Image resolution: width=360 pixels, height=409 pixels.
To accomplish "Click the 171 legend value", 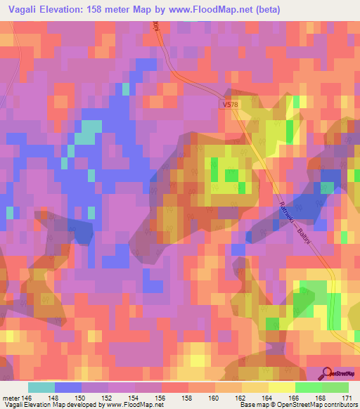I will tap(347, 397).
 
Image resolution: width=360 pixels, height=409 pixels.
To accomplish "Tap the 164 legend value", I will tap(269, 397).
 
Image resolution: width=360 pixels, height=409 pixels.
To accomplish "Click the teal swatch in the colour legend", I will tap(41, 387).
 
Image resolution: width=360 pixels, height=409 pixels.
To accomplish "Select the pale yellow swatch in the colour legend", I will tap(281, 387).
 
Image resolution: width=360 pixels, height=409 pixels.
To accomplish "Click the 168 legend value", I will tap(322, 397).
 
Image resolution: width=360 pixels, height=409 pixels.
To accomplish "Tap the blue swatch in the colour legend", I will tap(68, 387).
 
